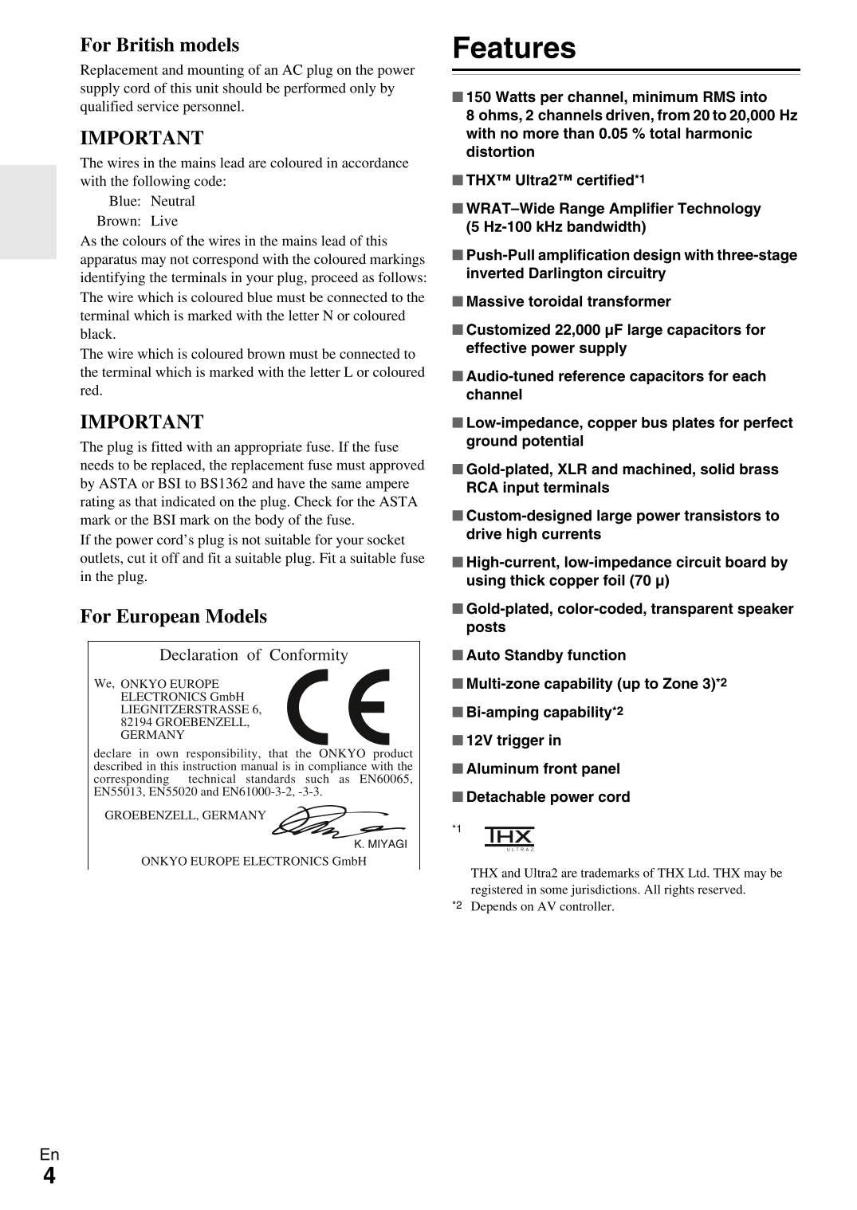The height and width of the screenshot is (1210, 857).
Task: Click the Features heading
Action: pyautogui.click(x=513, y=48)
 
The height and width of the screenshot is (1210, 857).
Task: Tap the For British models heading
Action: pyautogui.click(x=159, y=45)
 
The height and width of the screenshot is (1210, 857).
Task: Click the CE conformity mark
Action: pyautogui.click(x=339, y=706)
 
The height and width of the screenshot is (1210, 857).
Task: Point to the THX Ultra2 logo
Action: pyautogui.click(x=509, y=838)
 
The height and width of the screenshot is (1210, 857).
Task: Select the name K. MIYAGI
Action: pyautogui.click(x=380, y=844)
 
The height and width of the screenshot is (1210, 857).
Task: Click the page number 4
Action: pyautogui.click(x=49, y=1176)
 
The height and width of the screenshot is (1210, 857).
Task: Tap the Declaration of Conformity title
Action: pyautogui.click(x=254, y=655)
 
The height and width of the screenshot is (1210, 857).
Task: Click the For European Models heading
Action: pyautogui.click(x=173, y=616)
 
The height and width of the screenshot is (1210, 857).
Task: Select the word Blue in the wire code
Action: pyautogui.click(x=124, y=202)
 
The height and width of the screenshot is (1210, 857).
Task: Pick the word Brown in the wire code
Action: pyautogui.click(x=119, y=222)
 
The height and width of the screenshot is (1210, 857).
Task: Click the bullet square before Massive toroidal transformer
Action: pyautogui.click(x=458, y=301)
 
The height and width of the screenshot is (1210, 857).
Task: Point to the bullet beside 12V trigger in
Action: pyautogui.click(x=458, y=741)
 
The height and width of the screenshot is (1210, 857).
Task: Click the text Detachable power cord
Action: pyautogui.click(x=548, y=797)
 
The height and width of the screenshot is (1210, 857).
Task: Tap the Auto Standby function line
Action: pyautogui.click(x=545, y=655)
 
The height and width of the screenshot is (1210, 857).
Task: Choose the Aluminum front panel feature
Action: pyautogui.click(x=543, y=769)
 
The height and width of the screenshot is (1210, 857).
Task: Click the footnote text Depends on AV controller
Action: pyautogui.click(x=542, y=906)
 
